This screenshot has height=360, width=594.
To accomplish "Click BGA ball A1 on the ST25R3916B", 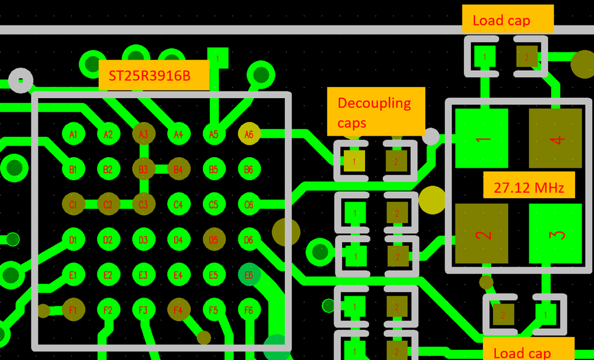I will [x=73, y=134].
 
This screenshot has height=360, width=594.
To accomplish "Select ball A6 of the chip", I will [x=249, y=134].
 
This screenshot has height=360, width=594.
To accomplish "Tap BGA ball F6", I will [x=249, y=310].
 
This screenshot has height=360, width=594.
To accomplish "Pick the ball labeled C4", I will [x=178, y=205].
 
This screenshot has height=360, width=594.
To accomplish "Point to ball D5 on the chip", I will [x=213, y=240].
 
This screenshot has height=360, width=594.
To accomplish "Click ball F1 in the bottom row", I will [x=73, y=310].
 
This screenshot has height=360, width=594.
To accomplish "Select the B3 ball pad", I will [x=143, y=170].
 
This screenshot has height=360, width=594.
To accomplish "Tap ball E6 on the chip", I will [x=249, y=275].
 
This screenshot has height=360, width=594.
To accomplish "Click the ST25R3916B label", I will [x=154, y=76].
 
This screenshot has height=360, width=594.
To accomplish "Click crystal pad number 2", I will [x=482, y=233].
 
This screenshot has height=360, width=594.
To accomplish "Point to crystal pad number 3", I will [x=555, y=233].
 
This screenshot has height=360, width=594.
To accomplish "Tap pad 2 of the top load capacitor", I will [x=526, y=57].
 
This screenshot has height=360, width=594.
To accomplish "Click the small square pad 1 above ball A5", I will [x=218, y=58].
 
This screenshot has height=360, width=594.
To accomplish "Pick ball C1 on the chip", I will [x=73, y=205].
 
